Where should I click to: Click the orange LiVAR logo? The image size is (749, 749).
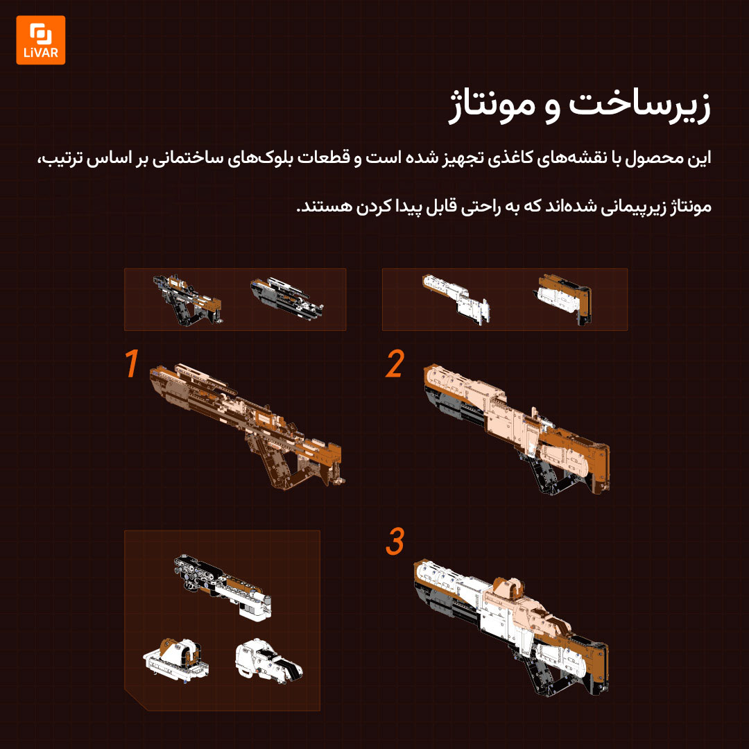41,40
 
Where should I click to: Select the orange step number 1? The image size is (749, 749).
131,363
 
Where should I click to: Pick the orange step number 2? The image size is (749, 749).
395,363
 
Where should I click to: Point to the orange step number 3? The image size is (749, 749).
395,541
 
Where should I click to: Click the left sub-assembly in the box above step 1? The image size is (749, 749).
187,300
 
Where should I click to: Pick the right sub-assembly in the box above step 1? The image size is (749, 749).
286,298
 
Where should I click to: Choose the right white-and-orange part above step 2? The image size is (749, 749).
562,299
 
